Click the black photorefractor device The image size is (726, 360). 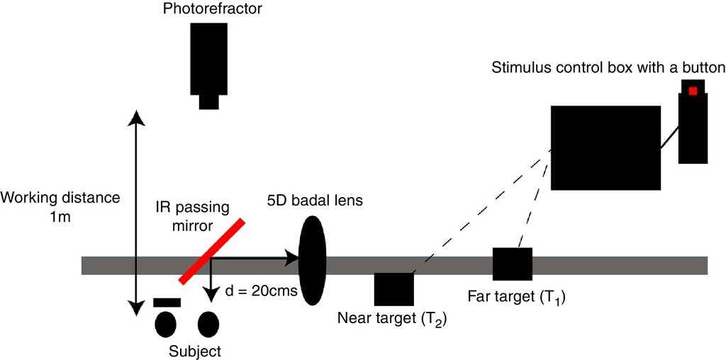coord(208,61)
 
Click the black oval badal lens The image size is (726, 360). coord(312,260)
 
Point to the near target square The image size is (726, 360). coord(393,290)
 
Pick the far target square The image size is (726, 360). coord(513,264)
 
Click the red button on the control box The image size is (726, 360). coord(693,91)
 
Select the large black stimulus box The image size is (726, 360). coord(606,147)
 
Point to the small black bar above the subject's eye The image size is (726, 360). coord(167,303)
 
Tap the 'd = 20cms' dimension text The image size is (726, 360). coord(260,290)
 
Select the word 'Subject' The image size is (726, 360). coord(195,351)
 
